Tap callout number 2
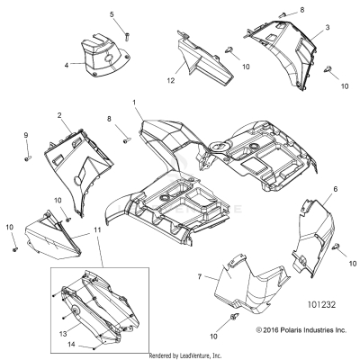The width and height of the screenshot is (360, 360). pos(59,116)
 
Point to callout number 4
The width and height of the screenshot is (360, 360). pos(67,65)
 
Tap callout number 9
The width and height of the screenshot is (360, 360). pos(26,135)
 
